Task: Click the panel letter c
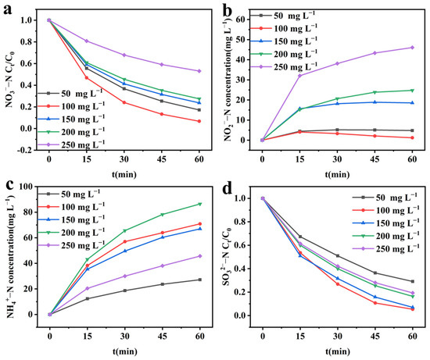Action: tap(8, 185)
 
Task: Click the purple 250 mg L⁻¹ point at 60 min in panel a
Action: tap(199, 71)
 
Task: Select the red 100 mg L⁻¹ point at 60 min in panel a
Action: tap(199, 121)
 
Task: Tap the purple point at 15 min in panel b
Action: tap(299, 75)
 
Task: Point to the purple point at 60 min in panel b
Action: tap(412, 48)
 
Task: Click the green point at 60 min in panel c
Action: tap(199, 204)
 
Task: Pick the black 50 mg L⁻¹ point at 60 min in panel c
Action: tap(199, 280)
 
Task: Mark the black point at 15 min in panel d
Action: tap(299, 237)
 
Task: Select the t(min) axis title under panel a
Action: tap(124, 164)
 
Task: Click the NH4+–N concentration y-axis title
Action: tap(9, 250)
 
